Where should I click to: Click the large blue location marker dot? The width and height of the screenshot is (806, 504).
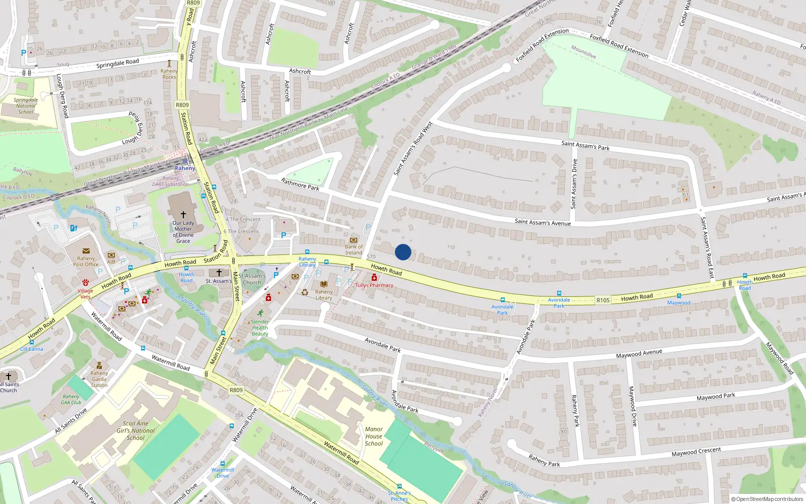pos(403,252)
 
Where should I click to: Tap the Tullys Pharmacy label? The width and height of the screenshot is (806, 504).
pos(374,285)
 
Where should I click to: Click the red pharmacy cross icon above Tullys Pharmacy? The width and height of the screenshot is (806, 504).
pos(374,278)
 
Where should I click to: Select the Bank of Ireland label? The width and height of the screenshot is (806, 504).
pos(354,249)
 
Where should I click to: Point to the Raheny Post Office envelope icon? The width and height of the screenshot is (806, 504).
pos(86,251)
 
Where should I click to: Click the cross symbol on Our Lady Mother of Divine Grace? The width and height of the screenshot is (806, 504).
pos(183,215)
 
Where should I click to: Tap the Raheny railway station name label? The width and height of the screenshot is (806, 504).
pos(184,168)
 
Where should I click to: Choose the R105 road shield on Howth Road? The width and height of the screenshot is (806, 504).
pos(603,300)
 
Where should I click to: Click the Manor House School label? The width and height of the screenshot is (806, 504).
pos(374,436)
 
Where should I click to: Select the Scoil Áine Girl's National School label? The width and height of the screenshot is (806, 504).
pos(136,431)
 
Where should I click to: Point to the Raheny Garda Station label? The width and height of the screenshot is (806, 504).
pos(99,379)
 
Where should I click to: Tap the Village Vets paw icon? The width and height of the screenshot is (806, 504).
pos(86,283)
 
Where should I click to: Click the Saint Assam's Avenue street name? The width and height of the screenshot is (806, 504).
pos(543,222)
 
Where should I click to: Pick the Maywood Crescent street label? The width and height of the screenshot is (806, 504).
pos(696,452)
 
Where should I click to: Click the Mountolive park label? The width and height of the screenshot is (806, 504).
pos(583,52)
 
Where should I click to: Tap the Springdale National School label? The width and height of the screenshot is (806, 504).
pos(26,106)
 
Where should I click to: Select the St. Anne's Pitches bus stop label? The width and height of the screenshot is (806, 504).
pos(399,496)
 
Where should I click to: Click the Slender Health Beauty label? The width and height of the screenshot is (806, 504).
pos(260,328)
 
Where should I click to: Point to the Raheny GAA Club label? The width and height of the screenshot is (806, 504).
pos(71,399)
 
